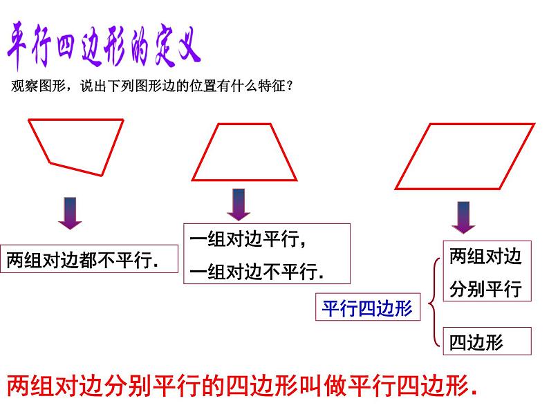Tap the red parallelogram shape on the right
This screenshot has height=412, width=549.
pos(465,156)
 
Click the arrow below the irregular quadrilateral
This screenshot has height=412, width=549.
pos(69,213)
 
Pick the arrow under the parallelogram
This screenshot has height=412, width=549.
pos(463,216)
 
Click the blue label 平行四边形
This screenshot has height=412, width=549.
pos(367,308)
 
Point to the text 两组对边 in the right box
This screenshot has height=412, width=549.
pos(485,256)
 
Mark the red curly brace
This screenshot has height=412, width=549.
pos(431,301)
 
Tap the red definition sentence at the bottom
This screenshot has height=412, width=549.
pos(242,384)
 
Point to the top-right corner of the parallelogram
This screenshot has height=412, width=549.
pos(533,124)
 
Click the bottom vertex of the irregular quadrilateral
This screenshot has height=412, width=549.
pos(100,174)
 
